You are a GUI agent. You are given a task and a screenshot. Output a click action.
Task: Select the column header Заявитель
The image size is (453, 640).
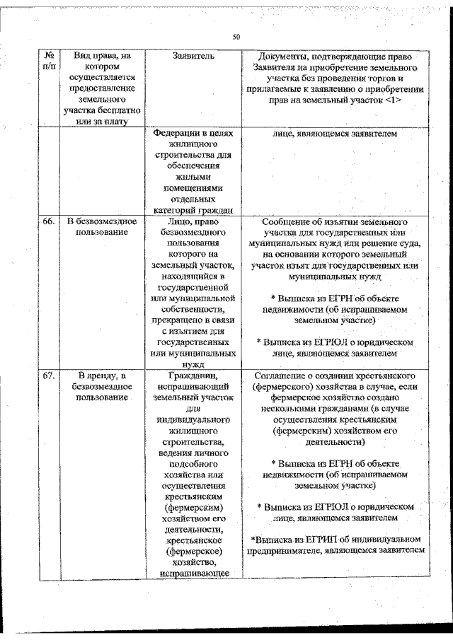click(x=193, y=56)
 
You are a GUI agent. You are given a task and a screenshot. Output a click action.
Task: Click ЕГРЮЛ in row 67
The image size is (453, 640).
click(x=331, y=506)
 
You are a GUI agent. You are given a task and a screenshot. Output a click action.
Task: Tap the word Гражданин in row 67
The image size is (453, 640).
click(x=193, y=374)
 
